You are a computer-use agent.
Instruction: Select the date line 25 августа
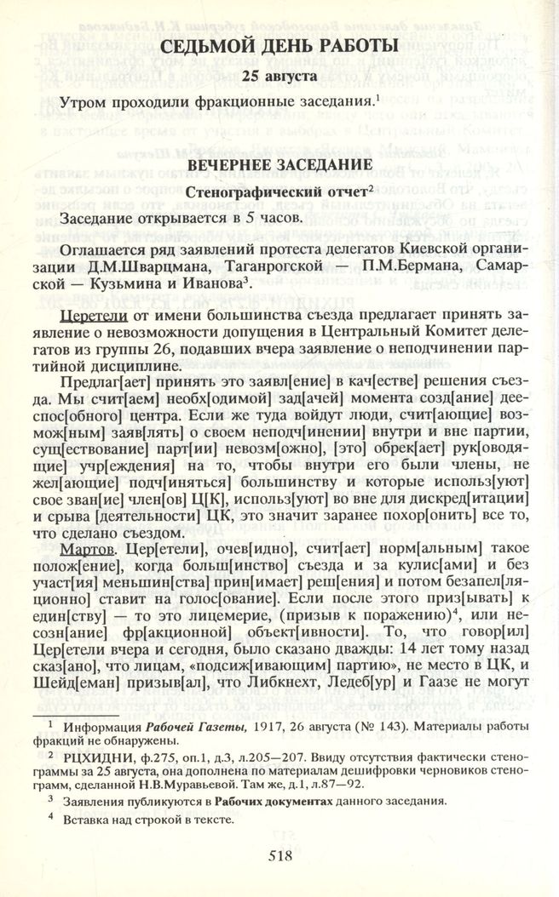tap(279, 77)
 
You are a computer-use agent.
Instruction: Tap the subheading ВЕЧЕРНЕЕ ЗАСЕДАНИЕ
tap(279, 163)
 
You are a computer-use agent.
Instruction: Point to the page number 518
tap(279, 855)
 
